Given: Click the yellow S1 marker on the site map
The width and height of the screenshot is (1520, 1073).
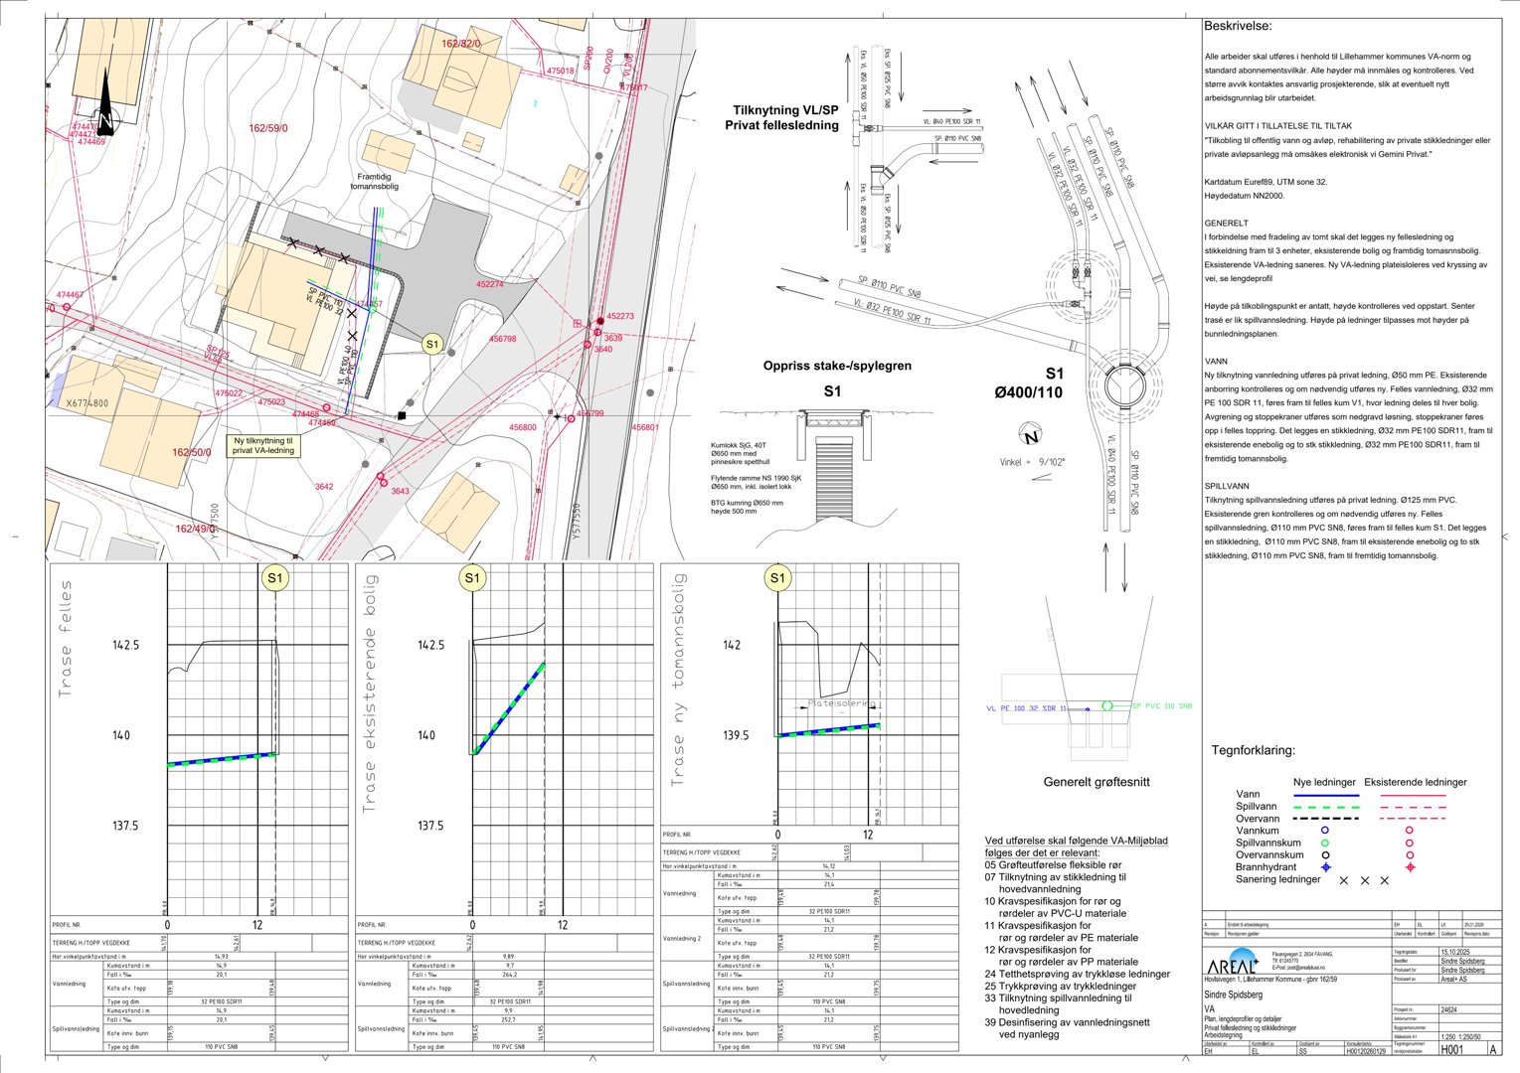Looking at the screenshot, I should [x=431, y=344].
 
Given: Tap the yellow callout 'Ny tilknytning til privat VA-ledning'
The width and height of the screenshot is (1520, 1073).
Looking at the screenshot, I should [x=263, y=445].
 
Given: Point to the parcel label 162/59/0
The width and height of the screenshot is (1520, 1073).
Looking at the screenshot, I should [x=268, y=128].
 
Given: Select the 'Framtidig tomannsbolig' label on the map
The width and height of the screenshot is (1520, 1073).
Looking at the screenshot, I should [x=374, y=181].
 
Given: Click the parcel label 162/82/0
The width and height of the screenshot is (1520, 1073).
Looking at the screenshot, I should [x=460, y=44].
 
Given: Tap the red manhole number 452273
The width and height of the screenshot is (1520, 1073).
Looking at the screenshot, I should [x=619, y=316].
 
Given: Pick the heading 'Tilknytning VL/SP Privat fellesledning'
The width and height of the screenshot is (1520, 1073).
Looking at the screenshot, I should [x=785, y=118].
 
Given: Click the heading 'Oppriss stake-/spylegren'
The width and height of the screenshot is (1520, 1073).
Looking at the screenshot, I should [x=837, y=366].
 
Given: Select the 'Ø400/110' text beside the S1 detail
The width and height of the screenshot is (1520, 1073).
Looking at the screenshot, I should [x=1028, y=392].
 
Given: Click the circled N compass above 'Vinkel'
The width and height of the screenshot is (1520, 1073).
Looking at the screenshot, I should [x=1031, y=435].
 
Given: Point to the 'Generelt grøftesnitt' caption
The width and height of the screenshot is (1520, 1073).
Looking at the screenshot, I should [x=1097, y=782].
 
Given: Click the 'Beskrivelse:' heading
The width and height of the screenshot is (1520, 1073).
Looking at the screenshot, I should [x=1237, y=26].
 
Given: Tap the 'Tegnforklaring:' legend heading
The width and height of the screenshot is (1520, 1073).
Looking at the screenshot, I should [x=1253, y=750].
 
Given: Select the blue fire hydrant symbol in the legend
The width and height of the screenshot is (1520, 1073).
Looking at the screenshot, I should [x=1324, y=867].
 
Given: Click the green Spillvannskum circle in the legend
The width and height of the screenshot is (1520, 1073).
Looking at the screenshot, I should [x=1324, y=843].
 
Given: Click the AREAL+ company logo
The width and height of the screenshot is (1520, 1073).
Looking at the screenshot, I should [x=1236, y=966].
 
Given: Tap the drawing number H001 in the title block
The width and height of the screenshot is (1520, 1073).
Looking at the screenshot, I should [x=1452, y=1049].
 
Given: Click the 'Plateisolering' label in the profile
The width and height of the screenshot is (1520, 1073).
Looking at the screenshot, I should [x=841, y=702].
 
